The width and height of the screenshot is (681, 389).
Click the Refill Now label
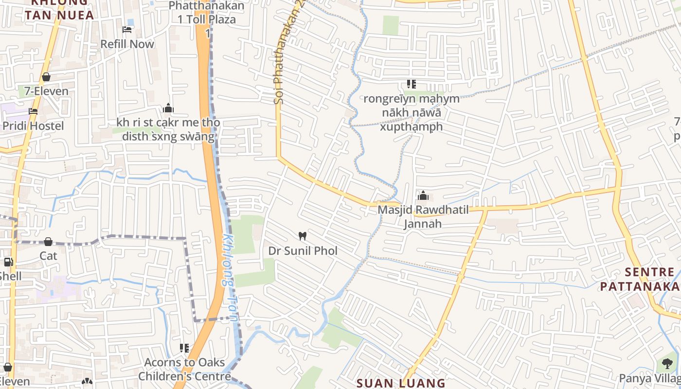(127, 44)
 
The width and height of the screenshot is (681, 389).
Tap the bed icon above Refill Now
(127, 30)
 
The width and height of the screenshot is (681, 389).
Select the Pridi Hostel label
(33, 126)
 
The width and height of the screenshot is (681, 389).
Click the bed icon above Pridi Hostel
(33, 111)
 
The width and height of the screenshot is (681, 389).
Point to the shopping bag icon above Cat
(48, 242)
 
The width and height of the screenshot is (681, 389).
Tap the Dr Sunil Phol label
(303, 251)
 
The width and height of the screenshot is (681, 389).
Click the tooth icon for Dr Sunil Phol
(302, 236)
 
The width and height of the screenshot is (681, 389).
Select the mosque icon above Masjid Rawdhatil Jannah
(423, 195)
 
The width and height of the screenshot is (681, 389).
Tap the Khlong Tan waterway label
(230, 277)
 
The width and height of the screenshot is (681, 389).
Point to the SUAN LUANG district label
(401, 383)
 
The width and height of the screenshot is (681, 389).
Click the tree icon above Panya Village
(667, 363)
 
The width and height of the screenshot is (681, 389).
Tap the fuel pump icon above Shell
(8, 262)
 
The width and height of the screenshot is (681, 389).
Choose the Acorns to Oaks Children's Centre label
(184, 370)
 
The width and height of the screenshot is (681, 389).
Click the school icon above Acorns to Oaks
(184, 348)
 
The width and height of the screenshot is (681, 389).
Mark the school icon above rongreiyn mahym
(412, 84)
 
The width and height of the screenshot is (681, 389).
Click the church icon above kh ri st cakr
(168, 108)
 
